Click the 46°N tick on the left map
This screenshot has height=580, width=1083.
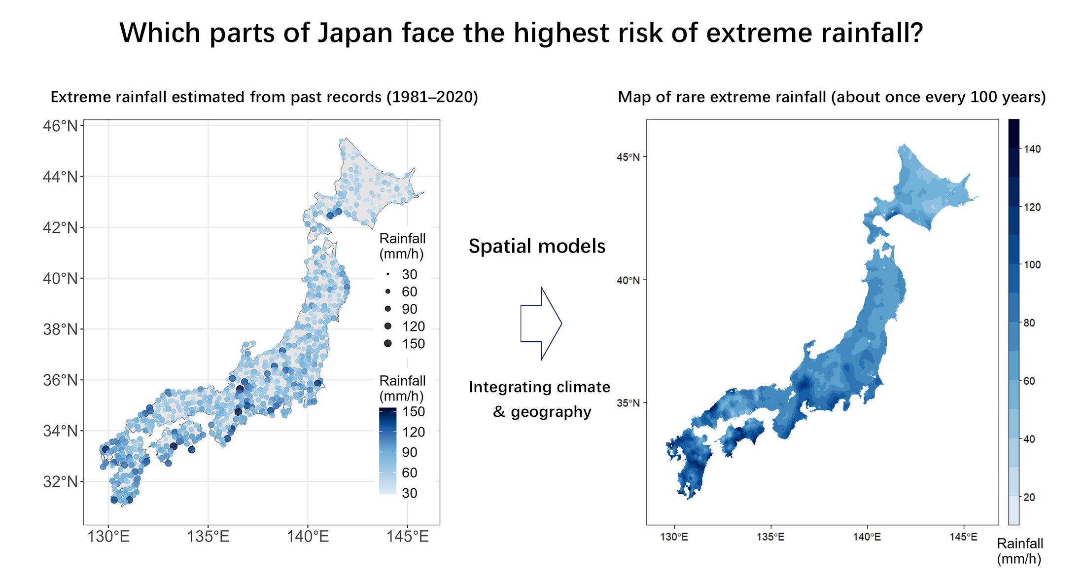click(x=60, y=126)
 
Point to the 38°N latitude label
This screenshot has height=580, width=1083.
click(x=60, y=329)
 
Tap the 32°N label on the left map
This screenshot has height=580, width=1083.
click(x=60, y=481)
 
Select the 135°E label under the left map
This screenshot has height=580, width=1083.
click(x=208, y=537)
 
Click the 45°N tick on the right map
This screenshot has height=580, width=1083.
click(x=628, y=157)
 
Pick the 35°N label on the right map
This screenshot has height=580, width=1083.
click(x=628, y=403)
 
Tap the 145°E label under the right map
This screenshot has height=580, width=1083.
click(x=963, y=537)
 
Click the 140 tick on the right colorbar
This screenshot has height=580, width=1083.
click(x=1032, y=149)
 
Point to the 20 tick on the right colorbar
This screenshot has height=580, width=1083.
click(x=1029, y=497)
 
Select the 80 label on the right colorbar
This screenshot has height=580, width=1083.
click(x=1029, y=323)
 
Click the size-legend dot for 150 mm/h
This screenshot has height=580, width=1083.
click(x=388, y=343)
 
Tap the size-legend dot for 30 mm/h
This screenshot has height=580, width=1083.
click(x=388, y=274)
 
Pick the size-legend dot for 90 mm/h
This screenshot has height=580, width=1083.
click(x=388, y=309)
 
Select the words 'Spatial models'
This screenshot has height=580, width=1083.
click(x=537, y=246)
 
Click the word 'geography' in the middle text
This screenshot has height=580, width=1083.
click(x=551, y=411)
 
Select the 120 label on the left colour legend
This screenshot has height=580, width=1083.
click(x=413, y=432)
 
